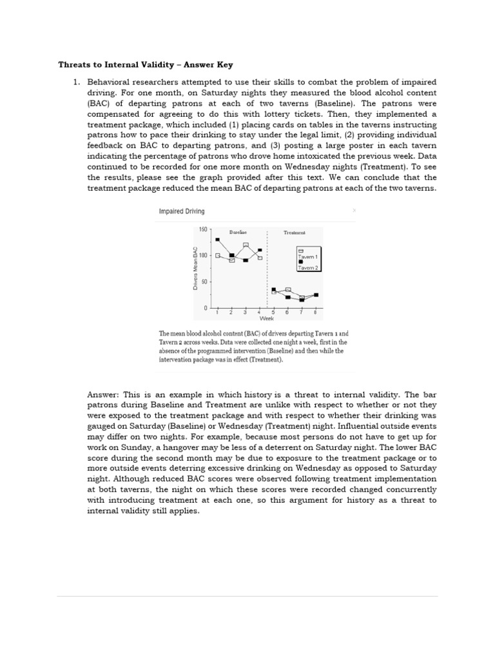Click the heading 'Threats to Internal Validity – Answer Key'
click(145, 64)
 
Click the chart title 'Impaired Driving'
click(182, 211)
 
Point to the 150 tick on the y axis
click(203, 229)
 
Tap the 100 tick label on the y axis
click(203, 256)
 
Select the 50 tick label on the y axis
click(204, 282)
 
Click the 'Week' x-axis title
click(266, 318)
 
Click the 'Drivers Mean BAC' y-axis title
click(195, 268)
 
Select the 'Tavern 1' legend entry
click(307, 257)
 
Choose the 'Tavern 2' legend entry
click(307, 267)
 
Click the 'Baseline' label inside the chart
click(238, 231)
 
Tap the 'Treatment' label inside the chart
click(295, 232)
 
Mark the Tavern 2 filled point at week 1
click(217, 239)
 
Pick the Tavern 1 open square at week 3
click(246, 245)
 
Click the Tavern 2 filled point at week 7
click(302, 300)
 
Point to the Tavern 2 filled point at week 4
click(260, 250)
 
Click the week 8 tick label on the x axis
click(315, 313)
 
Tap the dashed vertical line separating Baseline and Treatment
click(267, 271)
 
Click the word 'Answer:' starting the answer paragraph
click(101, 394)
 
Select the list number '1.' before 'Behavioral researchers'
click(75, 82)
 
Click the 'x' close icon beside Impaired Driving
click(353, 210)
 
